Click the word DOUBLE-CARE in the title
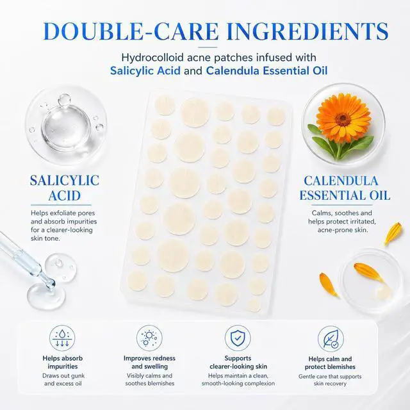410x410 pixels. click(131, 31)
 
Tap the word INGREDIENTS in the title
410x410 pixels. click(307, 31)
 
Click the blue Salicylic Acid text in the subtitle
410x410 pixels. click(145, 71)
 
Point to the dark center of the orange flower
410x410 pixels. click(343, 120)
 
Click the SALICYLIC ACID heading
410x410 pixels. click(64, 188)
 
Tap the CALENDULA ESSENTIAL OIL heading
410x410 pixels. click(345, 188)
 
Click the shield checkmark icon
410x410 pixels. click(238, 338)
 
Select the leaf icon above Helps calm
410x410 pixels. click(331, 339)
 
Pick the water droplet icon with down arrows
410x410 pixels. click(62, 338)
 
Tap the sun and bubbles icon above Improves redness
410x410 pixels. click(149, 338)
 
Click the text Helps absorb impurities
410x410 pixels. click(63, 362)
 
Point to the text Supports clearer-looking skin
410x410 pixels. click(238, 362)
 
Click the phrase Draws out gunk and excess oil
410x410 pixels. click(63, 380)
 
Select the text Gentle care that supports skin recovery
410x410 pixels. click(330, 380)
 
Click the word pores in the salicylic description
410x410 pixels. click(87, 213)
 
